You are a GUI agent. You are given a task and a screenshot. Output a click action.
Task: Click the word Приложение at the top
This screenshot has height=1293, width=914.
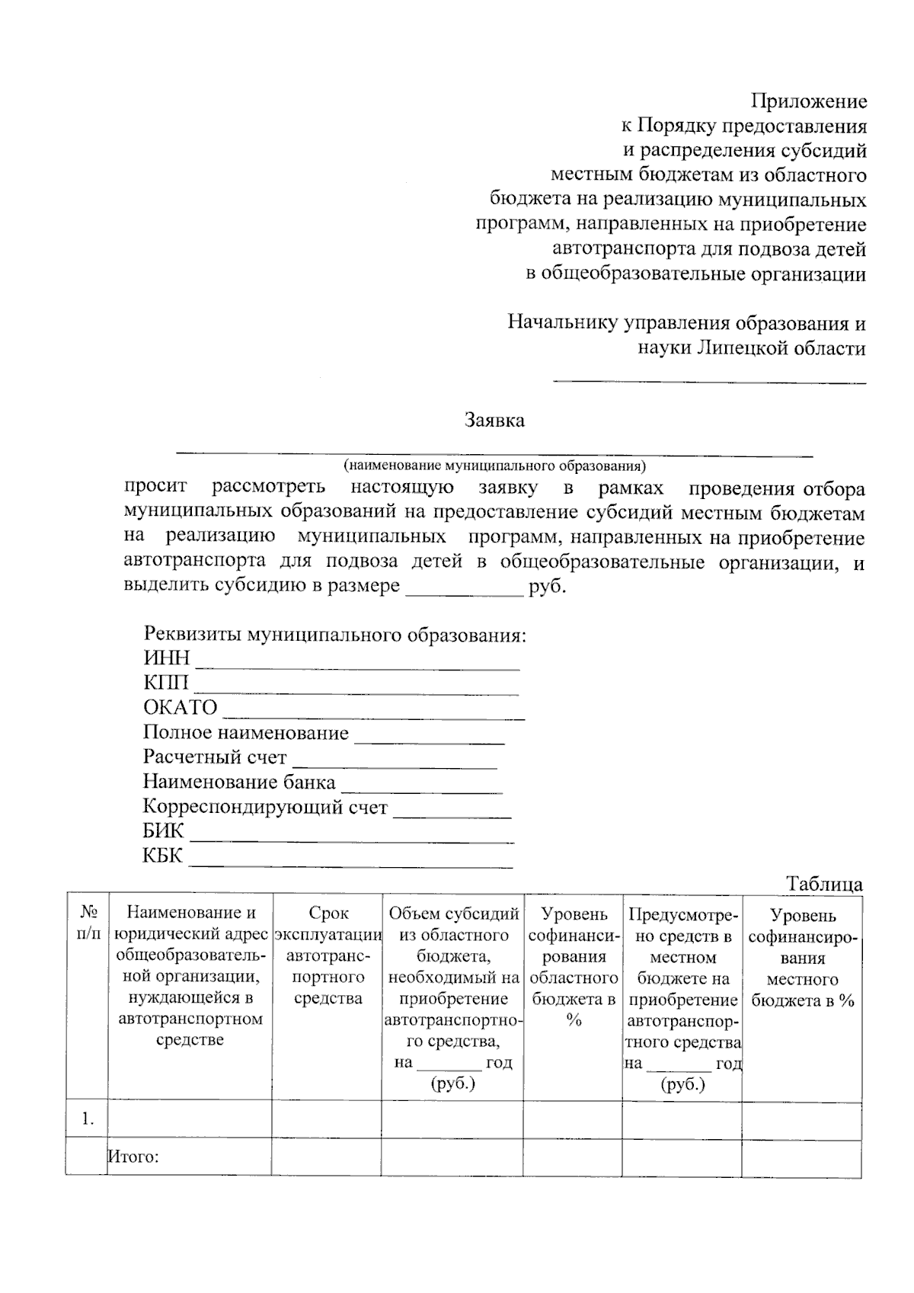coord(808,101)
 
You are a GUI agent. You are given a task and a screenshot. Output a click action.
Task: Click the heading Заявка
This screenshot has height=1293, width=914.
coord(494,420)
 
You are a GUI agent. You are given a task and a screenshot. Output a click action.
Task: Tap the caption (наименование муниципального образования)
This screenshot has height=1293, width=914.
coord(494,465)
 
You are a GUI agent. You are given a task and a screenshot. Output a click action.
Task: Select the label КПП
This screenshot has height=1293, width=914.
coord(165,682)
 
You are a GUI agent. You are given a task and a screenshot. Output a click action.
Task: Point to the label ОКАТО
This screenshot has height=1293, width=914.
coord(180,707)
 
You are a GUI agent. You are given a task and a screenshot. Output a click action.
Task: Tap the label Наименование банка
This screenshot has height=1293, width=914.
coord(238,782)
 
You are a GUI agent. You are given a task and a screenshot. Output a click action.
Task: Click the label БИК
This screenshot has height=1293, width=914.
coord(163,831)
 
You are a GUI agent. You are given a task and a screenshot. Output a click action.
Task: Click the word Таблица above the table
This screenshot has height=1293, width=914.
coord(824,884)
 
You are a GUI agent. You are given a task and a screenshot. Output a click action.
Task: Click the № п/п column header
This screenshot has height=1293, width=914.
coord(88,923)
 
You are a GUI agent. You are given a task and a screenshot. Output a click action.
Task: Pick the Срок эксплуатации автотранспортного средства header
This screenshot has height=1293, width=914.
coord(328,955)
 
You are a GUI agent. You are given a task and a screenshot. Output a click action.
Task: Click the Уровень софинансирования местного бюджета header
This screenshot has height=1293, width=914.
coord(802,958)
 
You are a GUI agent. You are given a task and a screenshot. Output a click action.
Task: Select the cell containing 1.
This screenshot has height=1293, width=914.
coord(88,1119)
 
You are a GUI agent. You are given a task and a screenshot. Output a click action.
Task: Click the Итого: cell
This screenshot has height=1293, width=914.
coord(134,1157)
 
